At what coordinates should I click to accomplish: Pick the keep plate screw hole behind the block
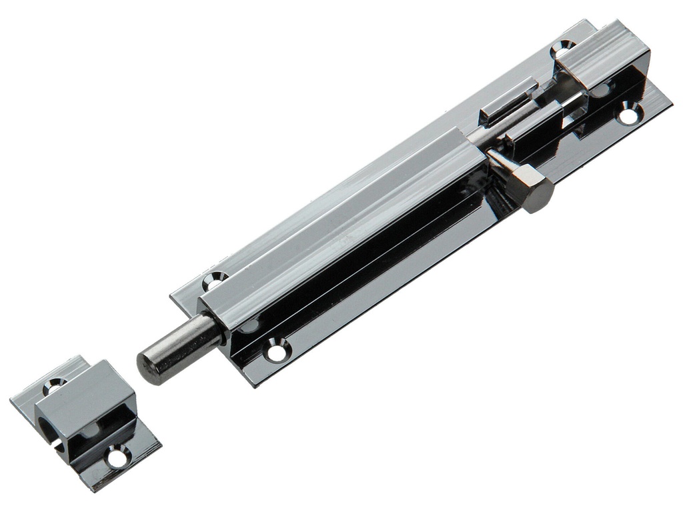click(53, 383)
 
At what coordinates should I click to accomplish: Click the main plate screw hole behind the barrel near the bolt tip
click(214, 279)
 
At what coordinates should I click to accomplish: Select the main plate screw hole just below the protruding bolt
click(277, 349)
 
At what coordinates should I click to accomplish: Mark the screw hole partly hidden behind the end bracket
click(562, 48)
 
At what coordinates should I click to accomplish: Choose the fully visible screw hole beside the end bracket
click(628, 114)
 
